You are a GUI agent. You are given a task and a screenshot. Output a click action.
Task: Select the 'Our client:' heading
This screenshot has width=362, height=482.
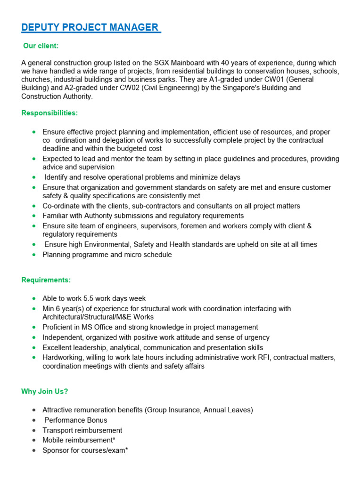click(41, 46)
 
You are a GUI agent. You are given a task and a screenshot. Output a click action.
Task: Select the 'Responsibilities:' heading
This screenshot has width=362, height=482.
click(49, 113)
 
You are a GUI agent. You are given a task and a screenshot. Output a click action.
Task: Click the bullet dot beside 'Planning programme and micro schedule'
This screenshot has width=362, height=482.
click(33, 255)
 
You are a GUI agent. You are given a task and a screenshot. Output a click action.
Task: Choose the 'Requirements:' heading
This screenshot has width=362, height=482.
click(46, 280)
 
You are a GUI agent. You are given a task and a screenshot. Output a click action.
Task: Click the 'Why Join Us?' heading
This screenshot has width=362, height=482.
click(44, 392)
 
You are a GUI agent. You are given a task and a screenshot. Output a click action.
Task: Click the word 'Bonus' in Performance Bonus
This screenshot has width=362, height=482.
click(98, 420)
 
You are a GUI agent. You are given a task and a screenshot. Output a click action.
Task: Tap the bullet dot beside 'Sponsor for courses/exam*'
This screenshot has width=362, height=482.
click(33, 450)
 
